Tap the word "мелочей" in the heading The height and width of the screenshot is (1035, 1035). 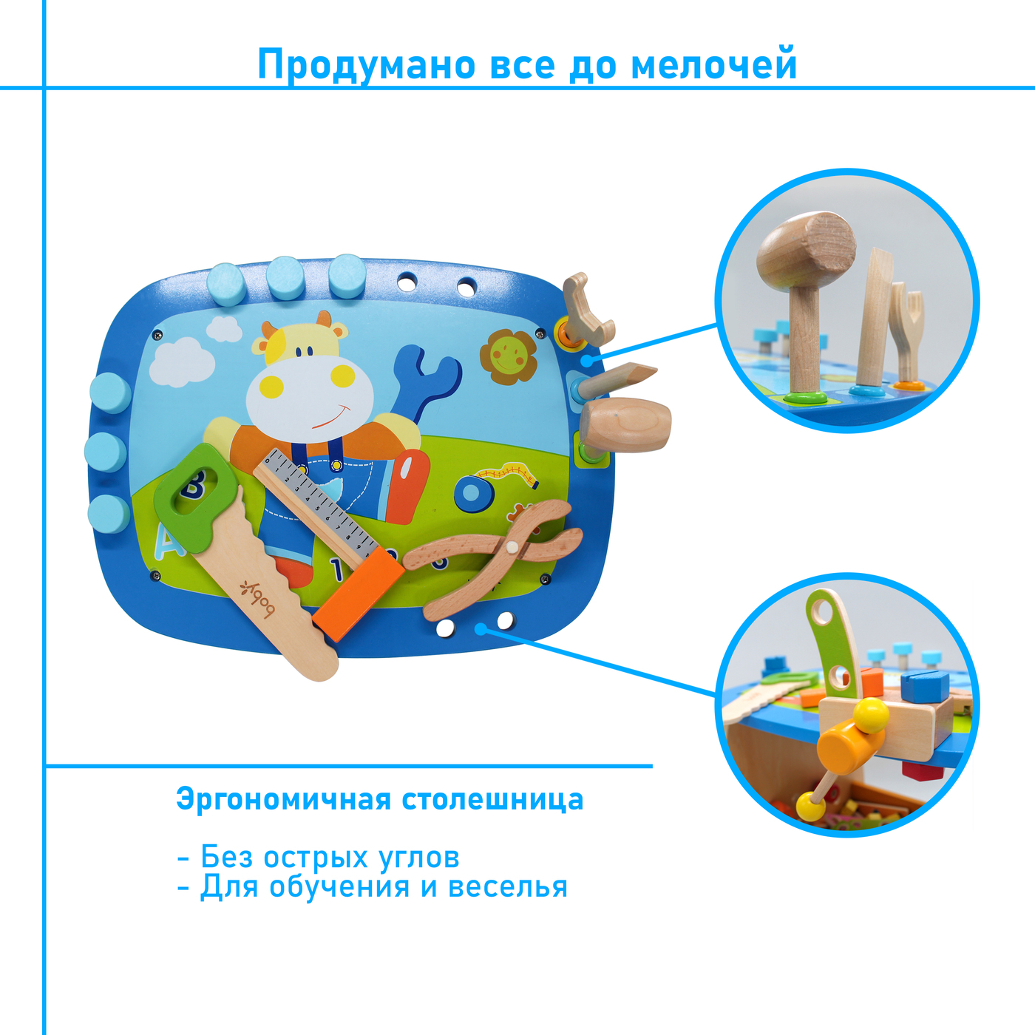(714, 64)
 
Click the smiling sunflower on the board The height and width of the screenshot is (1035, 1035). (508, 356)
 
